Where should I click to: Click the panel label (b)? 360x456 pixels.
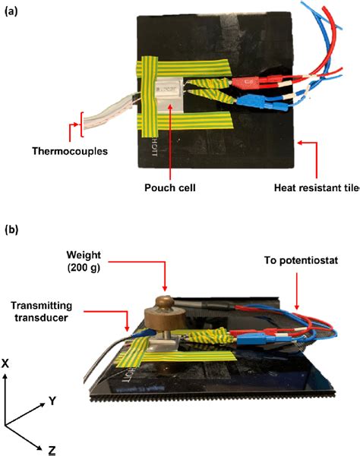[x=12, y=228]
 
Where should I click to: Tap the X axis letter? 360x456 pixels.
[x=7, y=364]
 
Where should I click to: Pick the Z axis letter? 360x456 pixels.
[x=52, y=450]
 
